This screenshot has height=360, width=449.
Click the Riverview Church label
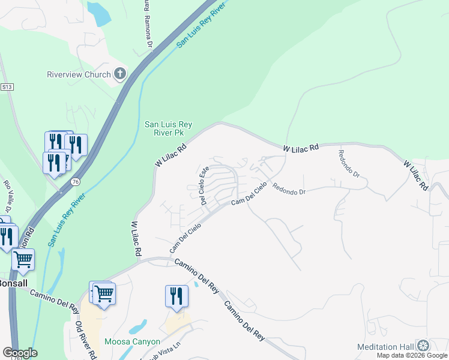79,75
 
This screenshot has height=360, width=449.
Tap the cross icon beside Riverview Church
120,74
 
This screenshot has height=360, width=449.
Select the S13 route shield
7,87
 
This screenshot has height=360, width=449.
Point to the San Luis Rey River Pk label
168,128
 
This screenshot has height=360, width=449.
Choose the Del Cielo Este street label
204,185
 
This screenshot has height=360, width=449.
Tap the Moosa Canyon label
132,342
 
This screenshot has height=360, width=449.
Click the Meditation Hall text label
385,347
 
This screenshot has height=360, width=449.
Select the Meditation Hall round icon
423,346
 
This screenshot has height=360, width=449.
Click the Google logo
20,353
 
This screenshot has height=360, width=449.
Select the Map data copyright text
412,355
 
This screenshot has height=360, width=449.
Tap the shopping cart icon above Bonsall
23,259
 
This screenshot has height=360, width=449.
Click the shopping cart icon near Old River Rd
104,293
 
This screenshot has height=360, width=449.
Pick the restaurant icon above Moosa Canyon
176,296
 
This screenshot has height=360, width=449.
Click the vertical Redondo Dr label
349,164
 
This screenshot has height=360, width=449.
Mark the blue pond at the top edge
99,13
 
